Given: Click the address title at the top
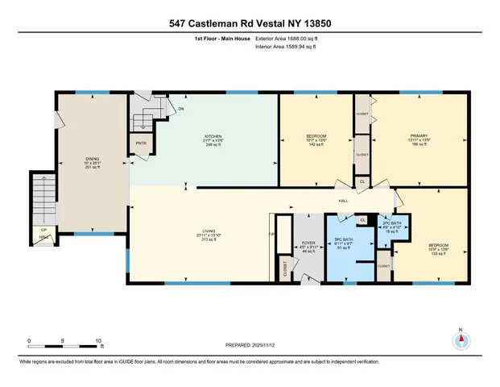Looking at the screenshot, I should tap(250, 23).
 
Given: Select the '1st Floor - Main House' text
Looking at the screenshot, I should tap(220, 39).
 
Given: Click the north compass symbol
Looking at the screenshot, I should tap(461, 340).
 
